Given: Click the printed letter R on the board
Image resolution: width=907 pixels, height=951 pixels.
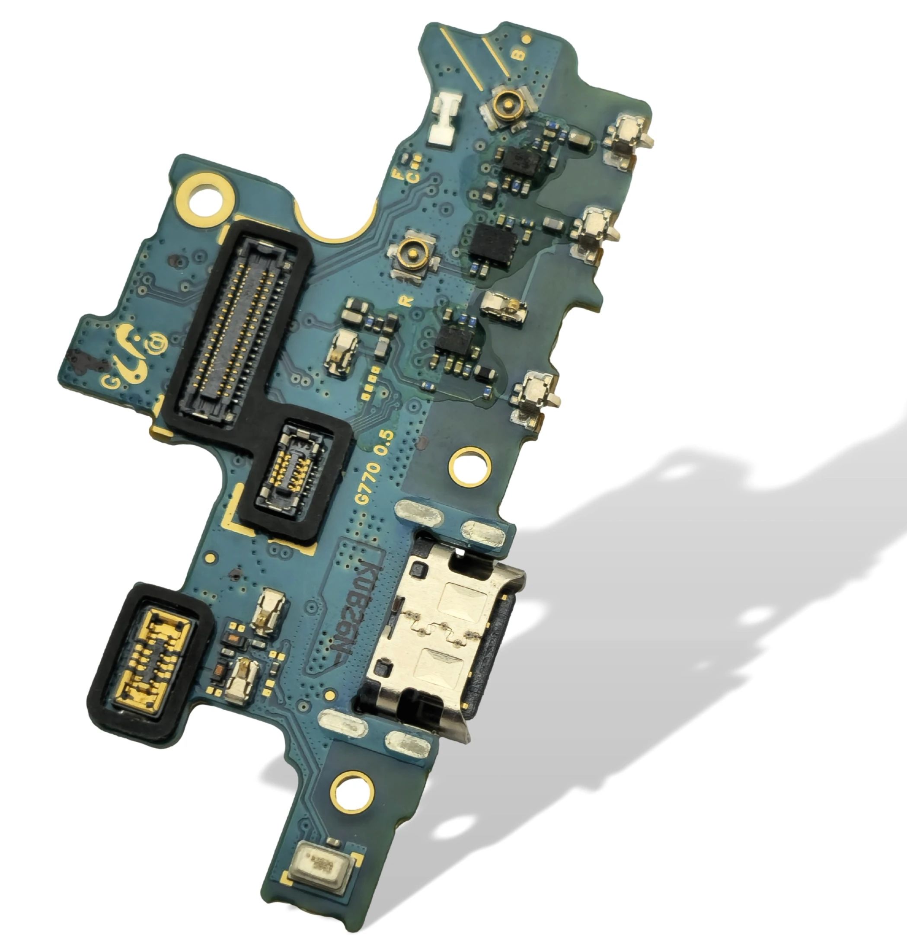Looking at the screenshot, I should [408, 301].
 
